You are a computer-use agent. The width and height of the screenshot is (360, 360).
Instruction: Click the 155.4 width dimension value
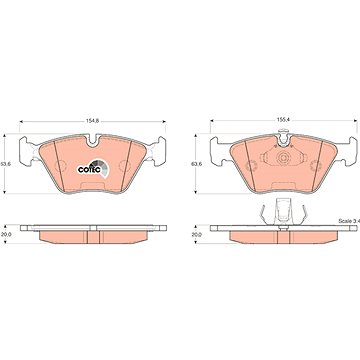pyautogui.click(x=282, y=119)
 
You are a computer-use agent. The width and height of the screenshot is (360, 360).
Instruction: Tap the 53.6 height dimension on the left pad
pyautogui.click(x=2, y=164)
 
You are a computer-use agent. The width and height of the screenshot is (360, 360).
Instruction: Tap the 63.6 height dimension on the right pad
pyautogui.click(x=194, y=164)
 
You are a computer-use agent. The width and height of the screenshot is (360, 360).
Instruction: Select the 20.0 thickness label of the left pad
pyautogui.click(x=6, y=234)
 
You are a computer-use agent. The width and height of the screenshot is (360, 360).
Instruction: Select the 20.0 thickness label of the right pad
pyautogui.click(x=197, y=234)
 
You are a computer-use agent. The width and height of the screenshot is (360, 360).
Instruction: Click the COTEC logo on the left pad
pyautogui.click(x=92, y=169)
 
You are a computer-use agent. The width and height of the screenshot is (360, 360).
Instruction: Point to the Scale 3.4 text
pyautogui.click(x=349, y=221)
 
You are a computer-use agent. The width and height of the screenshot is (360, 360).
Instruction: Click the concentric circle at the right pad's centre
pyautogui.click(x=283, y=158)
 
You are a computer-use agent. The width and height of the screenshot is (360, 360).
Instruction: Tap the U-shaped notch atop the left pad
pyautogui.click(x=93, y=140)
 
